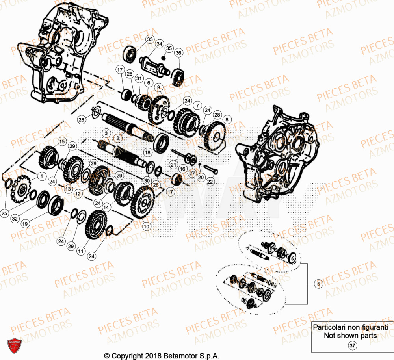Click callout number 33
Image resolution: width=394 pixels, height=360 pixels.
[150, 39]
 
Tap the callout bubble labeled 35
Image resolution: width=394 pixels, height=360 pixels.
[169, 48]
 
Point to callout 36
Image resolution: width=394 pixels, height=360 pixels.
[178, 53]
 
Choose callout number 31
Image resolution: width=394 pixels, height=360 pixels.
[138, 78]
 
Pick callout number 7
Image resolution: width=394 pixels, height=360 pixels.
[197, 105]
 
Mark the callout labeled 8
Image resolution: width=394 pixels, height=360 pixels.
[226, 119]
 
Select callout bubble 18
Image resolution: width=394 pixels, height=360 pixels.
[147, 152]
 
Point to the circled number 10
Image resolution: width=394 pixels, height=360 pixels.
[147, 226]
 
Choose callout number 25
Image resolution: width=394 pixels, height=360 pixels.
[4, 213]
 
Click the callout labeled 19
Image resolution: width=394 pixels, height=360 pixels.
[25, 224]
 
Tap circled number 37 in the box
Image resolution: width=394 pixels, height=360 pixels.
[351, 345]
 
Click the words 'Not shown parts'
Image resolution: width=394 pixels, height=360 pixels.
[350, 336]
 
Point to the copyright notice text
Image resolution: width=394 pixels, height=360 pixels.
[162, 355]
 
